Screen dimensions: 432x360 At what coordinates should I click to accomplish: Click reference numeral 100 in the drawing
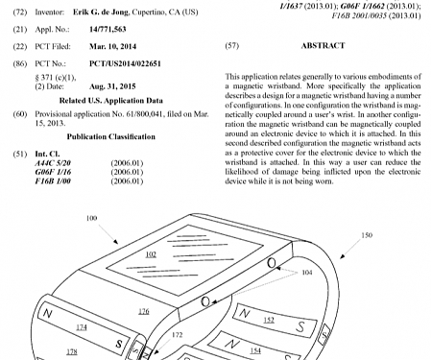pos(92,219)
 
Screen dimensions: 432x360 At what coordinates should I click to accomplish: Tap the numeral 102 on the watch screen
pos(150,253)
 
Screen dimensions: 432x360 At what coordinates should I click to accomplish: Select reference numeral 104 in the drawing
pos(306,273)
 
